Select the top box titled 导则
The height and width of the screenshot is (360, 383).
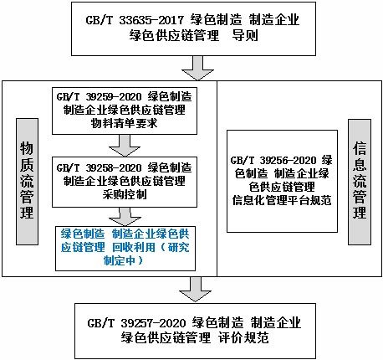(x=191, y=28)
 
